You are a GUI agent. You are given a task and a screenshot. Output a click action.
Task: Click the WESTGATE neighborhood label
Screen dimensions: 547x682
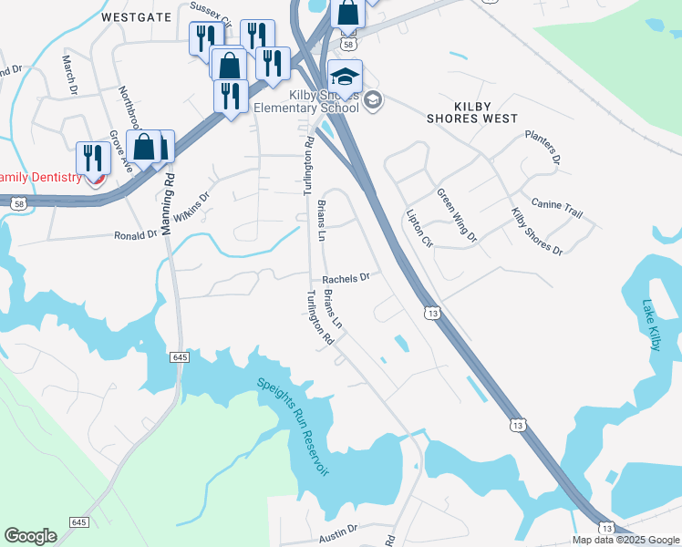(137, 16)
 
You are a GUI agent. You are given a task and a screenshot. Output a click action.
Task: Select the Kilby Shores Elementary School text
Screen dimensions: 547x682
(321, 101)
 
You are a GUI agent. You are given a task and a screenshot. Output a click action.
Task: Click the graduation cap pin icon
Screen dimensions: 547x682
(346, 77)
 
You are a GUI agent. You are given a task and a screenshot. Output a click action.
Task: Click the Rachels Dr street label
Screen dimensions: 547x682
(346, 278)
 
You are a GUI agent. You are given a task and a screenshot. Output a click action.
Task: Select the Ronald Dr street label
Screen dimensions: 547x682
(136, 235)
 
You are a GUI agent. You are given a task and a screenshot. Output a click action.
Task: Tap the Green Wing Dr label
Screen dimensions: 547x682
(456, 215)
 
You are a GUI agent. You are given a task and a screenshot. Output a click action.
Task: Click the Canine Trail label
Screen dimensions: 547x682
(556, 209)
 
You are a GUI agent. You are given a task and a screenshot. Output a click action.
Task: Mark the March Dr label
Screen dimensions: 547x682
(69, 74)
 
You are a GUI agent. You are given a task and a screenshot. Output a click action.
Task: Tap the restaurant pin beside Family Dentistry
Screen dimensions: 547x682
(92, 157)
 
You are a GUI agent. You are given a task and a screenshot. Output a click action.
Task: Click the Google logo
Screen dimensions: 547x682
(30, 536)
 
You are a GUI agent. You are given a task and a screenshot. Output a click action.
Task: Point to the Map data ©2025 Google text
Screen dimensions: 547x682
(625, 540)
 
